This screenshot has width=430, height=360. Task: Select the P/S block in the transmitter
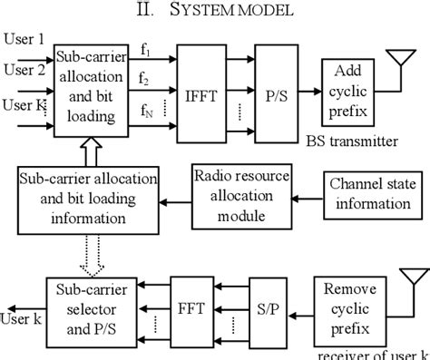(282, 92)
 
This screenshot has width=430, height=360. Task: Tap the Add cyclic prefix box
(348, 88)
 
